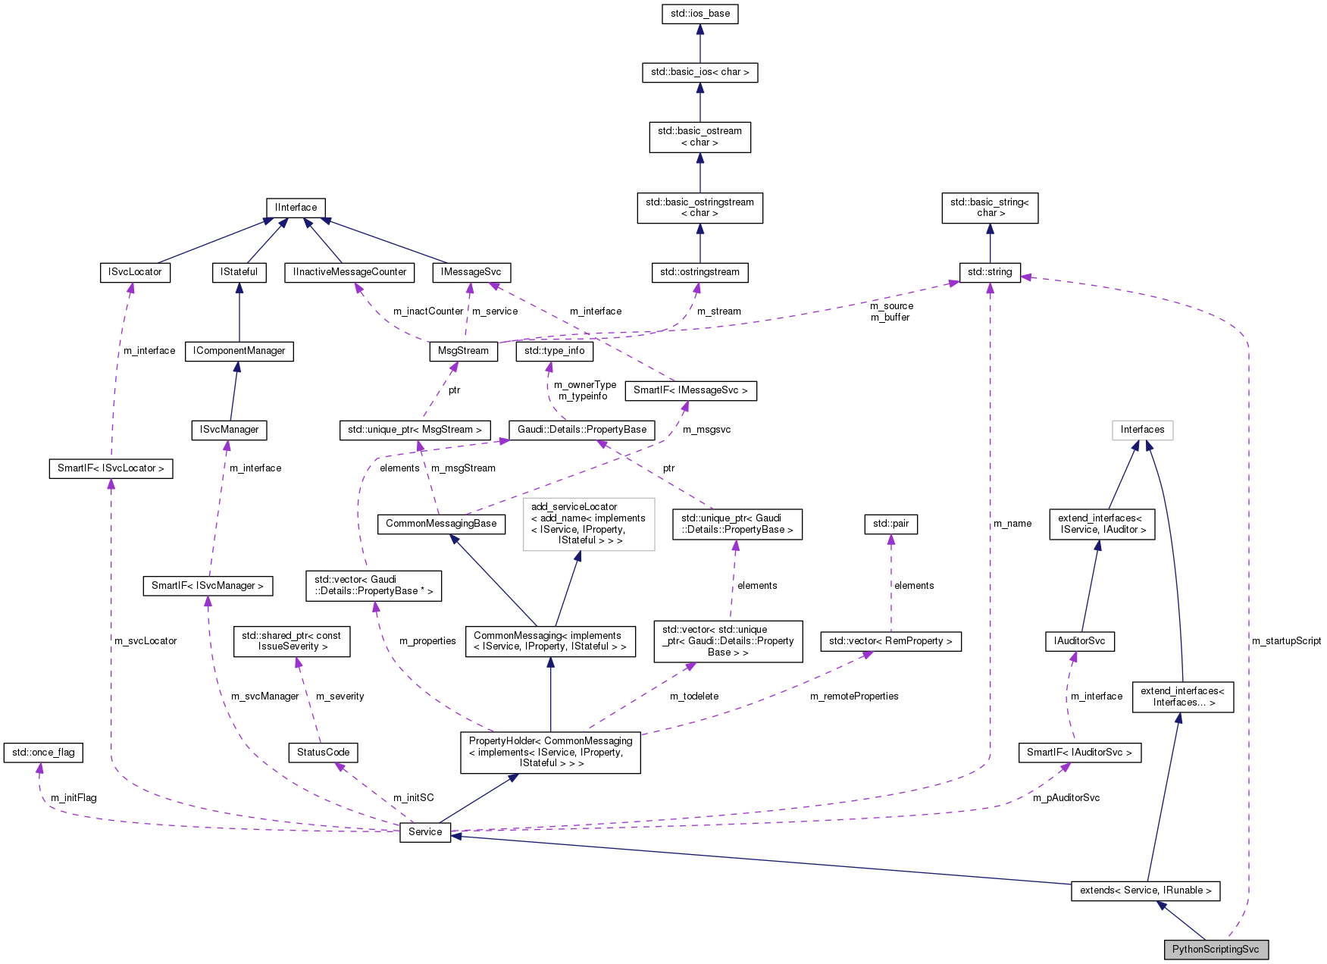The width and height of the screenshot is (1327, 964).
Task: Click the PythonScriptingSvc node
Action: point(1216,950)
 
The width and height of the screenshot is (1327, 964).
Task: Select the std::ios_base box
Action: point(699,14)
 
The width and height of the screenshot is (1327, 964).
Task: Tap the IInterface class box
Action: point(296,208)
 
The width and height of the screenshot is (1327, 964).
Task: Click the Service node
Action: point(424,832)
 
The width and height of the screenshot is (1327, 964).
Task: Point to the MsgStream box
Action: point(463,351)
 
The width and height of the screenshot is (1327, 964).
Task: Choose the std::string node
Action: point(990,272)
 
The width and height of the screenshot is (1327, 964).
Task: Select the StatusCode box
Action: point(323,753)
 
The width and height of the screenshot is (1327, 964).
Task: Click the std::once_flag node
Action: point(43,753)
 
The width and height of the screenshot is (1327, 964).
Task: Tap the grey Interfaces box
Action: point(1142,430)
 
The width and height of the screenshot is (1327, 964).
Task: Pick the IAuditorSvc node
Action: point(1079,641)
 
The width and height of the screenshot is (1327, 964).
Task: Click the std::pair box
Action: point(890,524)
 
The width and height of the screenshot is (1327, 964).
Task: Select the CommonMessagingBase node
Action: point(441,524)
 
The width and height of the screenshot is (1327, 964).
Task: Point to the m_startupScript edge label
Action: point(1286,641)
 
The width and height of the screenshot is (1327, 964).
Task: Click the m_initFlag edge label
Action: point(74,798)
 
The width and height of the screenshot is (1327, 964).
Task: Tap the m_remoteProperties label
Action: point(854,696)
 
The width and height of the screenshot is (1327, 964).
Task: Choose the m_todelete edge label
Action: point(694,696)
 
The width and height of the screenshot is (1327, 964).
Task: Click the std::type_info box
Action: point(554,351)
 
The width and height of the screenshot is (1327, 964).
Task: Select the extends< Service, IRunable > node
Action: point(1145,890)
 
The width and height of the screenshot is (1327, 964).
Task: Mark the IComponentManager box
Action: point(239,351)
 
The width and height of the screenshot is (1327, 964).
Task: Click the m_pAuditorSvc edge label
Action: point(1066,798)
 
